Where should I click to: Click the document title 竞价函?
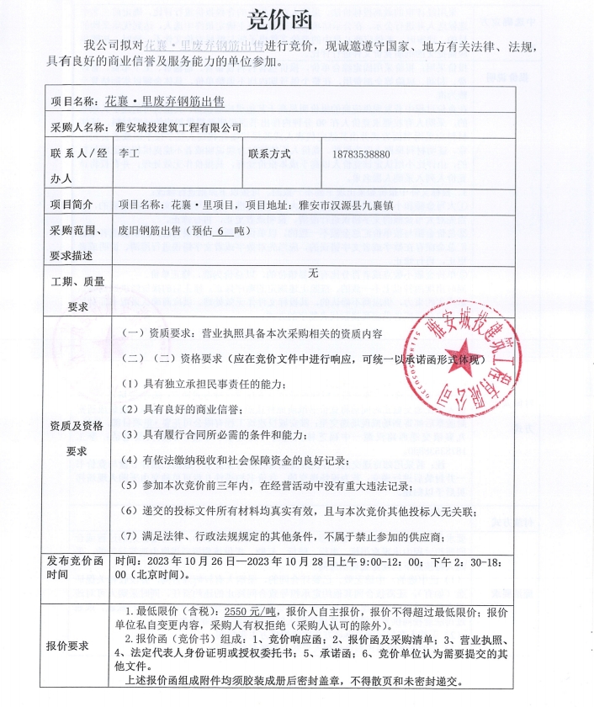click(297, 20)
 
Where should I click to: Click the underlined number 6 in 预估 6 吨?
click(220, 231)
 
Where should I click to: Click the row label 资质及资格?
click(77, 426)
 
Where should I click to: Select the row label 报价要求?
click(67, 646)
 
